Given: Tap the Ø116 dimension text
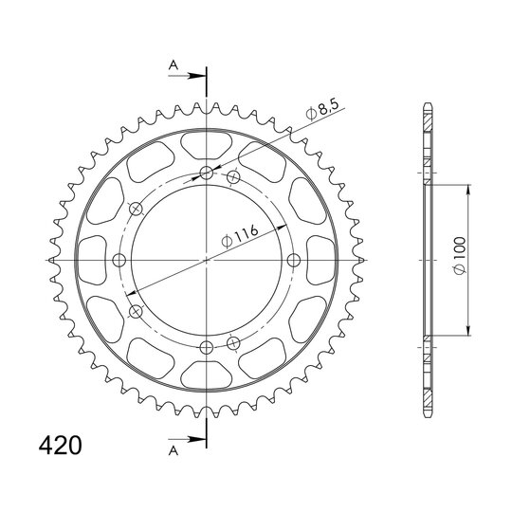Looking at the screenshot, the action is pos(239,236).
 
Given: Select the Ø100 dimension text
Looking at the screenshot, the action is pos(460,255).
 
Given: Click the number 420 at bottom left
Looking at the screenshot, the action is pos(60,445).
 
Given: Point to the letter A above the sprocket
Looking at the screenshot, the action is pos(174,65).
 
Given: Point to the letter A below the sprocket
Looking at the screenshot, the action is pos(174,451).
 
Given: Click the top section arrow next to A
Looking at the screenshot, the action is pos(188,76).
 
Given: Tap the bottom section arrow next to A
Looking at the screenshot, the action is pos(188,439).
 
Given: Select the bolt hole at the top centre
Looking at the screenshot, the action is pos(207,173).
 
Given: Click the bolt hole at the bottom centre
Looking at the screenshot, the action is pos(207,348).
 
